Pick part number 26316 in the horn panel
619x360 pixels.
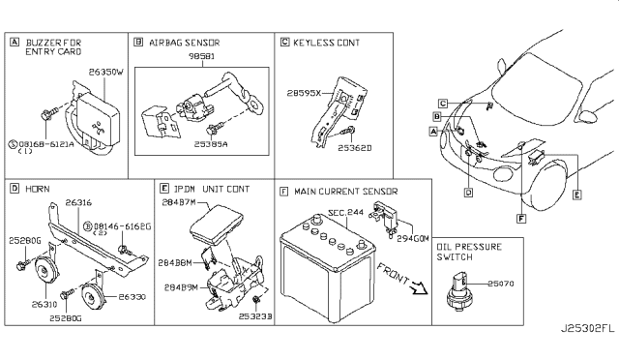(x=79, y=202)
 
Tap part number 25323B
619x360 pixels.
(x=256, y=316)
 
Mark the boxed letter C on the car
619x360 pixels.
(x=441, y=103)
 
